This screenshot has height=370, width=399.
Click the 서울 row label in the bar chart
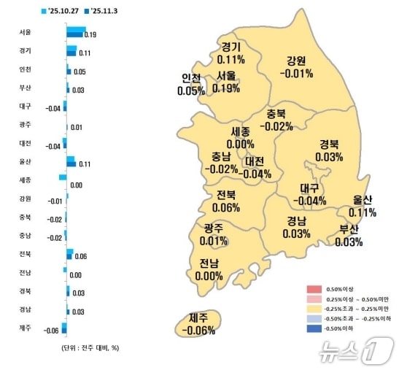click(x=26, y=32)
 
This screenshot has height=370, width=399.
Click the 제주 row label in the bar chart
click(x=26, y=328)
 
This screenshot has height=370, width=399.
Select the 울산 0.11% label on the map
click(x=363, y=207)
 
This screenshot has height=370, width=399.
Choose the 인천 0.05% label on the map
click(x=190, y=85)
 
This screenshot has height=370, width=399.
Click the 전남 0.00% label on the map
click(x=209, y=270)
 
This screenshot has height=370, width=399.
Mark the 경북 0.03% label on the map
click(x=330, y=150)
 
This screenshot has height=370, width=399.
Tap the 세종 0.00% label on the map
click(x=240, y=138)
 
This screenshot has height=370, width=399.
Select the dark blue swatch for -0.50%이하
click(x=314, y=331)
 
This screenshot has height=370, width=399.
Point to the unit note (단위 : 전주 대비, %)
click(x=90, y=347)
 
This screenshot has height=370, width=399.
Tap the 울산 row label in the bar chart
click(x=26, y=161)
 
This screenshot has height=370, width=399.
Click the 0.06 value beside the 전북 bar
click(x=81, y=257)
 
